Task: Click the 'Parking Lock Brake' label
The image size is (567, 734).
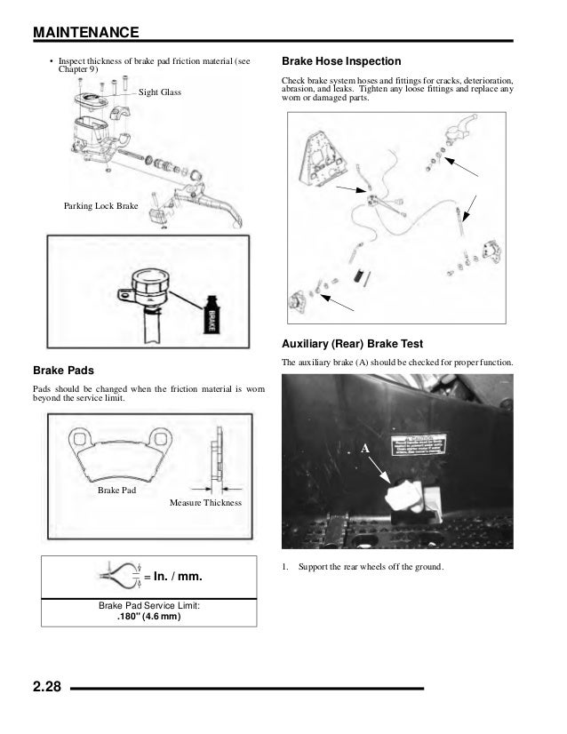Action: point(100,205)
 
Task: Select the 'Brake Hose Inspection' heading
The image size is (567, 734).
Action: point(340,62)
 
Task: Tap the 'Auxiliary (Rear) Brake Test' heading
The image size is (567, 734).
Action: point(351,344)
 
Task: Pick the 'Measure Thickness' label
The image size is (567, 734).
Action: point(204,503)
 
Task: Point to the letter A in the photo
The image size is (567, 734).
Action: point(364,451)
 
